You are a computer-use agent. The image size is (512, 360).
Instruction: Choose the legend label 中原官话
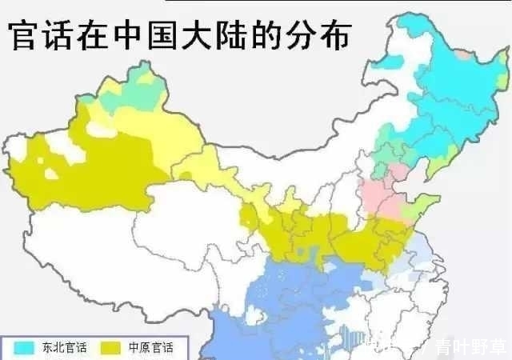(161, 348)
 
